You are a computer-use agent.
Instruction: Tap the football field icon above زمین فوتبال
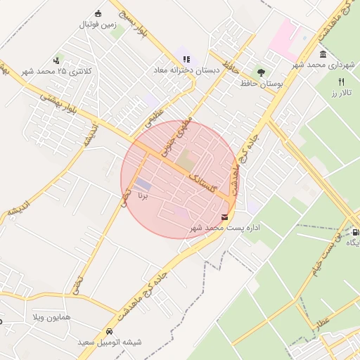[97, 13]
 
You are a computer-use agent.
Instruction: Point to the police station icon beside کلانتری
[58, 59]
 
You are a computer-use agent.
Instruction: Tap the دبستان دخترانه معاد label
[187, 70]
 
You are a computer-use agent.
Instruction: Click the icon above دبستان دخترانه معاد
[186, 59]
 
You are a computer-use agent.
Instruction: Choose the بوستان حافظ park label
[261, 84]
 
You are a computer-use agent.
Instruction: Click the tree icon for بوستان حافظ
[261, 72]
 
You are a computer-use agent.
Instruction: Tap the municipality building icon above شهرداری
[322, 54]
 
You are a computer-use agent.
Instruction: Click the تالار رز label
[341, 92]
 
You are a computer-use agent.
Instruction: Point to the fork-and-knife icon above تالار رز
[341, 82]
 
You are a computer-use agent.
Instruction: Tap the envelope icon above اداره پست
[225, 217]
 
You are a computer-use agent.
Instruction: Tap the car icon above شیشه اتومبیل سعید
[109, 330]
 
